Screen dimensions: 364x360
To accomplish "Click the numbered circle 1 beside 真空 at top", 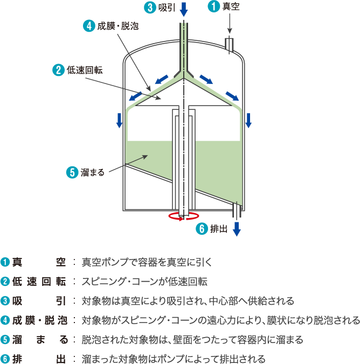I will (x=213, y=7).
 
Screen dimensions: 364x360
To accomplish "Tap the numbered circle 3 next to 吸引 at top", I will (x=150, y=8).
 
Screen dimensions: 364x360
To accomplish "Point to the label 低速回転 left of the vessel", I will (x=85, y=70).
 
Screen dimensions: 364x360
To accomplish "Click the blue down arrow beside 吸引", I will (x=183, y=9).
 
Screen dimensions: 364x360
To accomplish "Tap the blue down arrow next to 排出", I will (x=237, y=229).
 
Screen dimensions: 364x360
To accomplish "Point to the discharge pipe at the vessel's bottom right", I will (x=237, y=210).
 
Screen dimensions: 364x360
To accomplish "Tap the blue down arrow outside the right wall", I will (x=248, y=121).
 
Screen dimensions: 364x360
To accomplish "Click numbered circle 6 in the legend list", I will (x=5, y=359).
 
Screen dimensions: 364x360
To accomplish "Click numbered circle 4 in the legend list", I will (x=5, y=320).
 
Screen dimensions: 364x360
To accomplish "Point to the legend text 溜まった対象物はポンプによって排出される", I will (x=173, y=359).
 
